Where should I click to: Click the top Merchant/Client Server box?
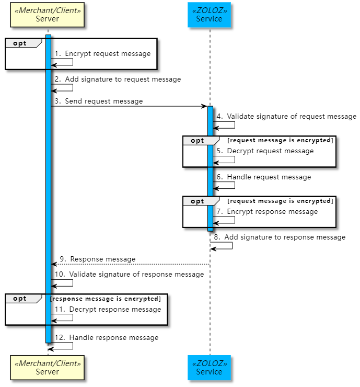[x=47, y=15]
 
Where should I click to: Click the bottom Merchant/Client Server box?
[x=47, y=368]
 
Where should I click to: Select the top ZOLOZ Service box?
[x=209, y=15]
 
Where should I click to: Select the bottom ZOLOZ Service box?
[x=209, y=368]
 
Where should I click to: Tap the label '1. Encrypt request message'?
[x=102, y=53]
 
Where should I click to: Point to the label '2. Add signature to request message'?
[x=118, y=79]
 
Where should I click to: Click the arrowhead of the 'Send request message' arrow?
[x=205, y=106]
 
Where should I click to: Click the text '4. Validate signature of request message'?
[x=286, y=116]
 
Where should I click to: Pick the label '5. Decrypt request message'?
[x=265, y=151]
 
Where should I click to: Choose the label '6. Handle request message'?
[x=264, y=177]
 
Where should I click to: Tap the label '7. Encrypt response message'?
[x=267, y=211]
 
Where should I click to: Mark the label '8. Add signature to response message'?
[x=280, y=237]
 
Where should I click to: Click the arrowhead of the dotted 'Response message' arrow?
[x=53, y=264]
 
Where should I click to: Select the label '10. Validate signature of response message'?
[x=129, y=274]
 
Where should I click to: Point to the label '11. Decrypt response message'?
[x=108, y=309]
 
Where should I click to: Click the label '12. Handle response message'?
[x=107, y=337]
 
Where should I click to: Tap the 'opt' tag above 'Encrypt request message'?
[x=20, y=43]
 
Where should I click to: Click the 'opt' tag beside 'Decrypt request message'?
[x=198, y=141]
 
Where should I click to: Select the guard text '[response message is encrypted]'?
[x=106, y=299]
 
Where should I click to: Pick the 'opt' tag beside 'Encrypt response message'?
[x=198, y=201]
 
